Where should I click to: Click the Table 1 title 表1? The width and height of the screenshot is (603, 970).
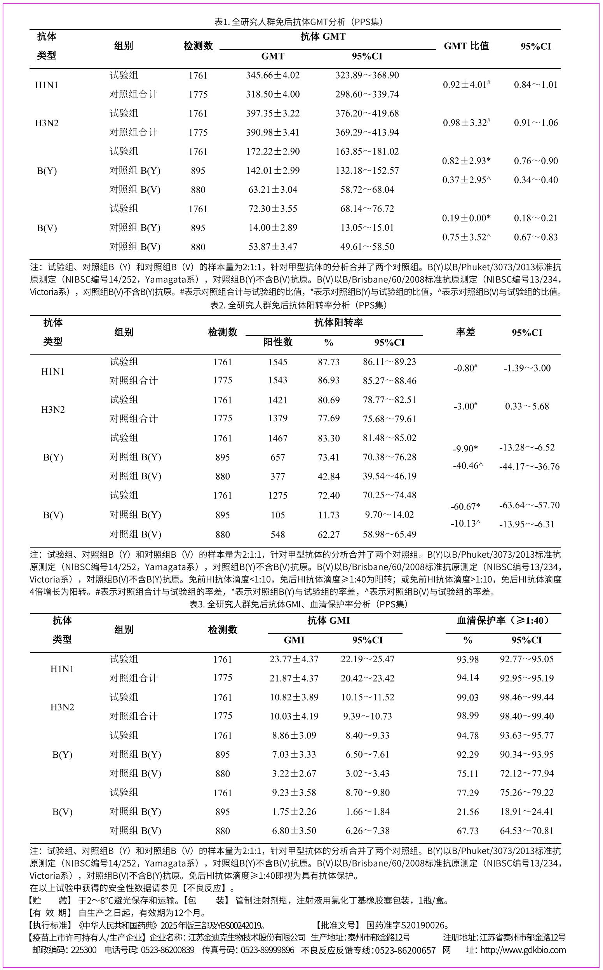pos(299,21)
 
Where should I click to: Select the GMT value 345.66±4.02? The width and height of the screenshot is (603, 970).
pos(273,75)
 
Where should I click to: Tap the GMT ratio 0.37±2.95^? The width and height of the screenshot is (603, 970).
pos(466,180)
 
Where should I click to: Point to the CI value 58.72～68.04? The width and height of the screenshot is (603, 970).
pos(367,190)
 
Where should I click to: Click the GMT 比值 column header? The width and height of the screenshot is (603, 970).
pos(466,46)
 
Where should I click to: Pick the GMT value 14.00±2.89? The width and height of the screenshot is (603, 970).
pos(273,228)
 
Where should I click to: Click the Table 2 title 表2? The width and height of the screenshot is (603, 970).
pos(299,305)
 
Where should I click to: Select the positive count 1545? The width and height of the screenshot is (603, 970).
pos(277,362)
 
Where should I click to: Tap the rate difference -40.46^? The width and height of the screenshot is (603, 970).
pos(468,466)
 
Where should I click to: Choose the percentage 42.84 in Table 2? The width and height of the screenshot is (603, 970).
pos(329,476)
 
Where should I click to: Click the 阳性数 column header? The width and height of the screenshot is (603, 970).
pos(277,342)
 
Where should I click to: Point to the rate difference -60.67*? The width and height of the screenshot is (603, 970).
pos(465,506)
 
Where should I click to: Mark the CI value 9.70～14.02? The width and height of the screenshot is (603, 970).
pos(389,515)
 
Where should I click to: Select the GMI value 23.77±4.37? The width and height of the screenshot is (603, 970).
pos(294,659)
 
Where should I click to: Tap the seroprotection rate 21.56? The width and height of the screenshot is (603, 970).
pos(467,812)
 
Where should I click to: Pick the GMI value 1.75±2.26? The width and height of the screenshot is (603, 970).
pos(294,812)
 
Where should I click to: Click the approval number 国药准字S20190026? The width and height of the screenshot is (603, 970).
pos(408,925)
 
